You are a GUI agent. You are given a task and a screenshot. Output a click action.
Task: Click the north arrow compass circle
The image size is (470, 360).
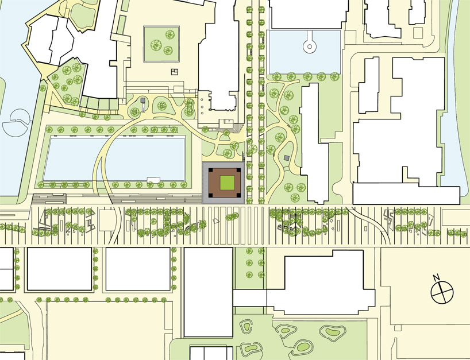click(442, 292)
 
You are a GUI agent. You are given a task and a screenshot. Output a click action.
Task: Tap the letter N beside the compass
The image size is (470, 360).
click(437, 278)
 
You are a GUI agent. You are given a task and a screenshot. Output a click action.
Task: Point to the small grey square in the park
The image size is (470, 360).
click(286, 157)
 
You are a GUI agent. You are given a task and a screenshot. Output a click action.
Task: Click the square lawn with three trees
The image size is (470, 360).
click(163, 42)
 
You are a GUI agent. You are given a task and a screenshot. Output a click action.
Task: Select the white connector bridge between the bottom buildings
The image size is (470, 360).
click(250, 298)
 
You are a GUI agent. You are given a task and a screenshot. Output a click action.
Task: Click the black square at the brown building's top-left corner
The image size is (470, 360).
click(211, 169)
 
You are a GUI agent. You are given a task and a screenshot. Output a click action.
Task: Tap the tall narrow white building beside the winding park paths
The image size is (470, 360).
click(313, 144)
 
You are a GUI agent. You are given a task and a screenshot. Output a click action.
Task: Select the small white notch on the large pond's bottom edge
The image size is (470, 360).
click(154, 180)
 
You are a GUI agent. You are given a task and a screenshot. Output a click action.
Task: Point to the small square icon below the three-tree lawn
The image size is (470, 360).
click(175, 71)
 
